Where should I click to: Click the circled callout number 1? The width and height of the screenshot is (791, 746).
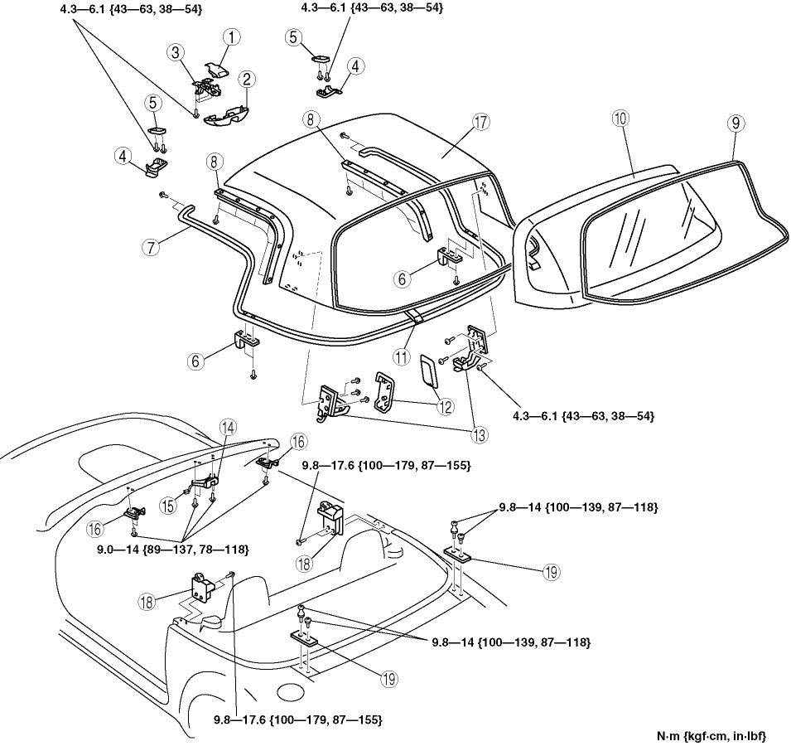(x=231, y=37)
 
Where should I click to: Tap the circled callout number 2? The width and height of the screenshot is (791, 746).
(x=246, y=80)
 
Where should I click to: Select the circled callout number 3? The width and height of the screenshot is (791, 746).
(x=176, y=53)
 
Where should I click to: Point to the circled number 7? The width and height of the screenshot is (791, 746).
(x=151, y=247)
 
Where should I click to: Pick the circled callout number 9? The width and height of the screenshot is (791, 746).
(x=736, y=123)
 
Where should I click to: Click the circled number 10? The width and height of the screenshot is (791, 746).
(x=621, y=119)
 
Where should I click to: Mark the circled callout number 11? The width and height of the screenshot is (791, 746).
(x=402, y=357)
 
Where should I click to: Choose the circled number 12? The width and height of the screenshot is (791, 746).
(x=445, y=406)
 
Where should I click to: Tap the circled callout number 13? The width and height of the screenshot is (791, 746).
(x=480, y=434)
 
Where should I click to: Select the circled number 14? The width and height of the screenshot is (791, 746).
(x=228, y=428)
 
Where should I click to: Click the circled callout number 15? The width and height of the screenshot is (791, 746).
(x=168, y=506)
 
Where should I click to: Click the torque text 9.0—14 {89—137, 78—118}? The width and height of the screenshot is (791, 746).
(x=172, y=550)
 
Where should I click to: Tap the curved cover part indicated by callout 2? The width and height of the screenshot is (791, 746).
(x=225, y=115)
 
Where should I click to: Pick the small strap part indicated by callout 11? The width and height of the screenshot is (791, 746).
(x=416, y=317)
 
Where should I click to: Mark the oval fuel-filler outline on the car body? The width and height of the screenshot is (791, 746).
(x=290, y=692)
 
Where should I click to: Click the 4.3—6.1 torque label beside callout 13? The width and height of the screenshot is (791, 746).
(x=584, y=416)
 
